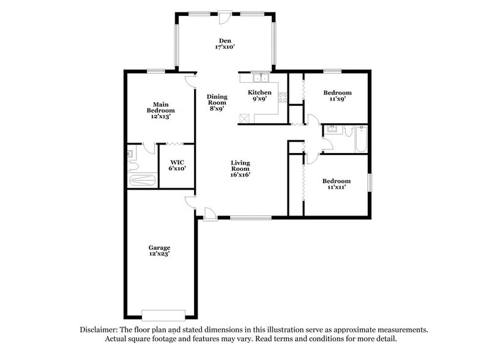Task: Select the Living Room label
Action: click(x=240, y=168)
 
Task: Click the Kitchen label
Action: click(x=259, y=95)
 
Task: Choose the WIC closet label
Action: click(x=177, y=165)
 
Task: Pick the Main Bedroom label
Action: click(x=160, y=110)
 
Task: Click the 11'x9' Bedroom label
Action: click(x=337, y=96)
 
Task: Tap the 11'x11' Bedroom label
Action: click(x=337, y=184)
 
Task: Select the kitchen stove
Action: click(x=282, y=97)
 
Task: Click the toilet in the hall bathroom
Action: click(x=347, y=130)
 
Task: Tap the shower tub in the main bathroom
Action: click(x=142, y=181)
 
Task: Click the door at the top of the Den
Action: click(x=225, y=16)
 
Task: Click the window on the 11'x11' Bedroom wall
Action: click(x=369, y=182)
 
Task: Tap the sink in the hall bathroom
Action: click(x=332, y=129)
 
